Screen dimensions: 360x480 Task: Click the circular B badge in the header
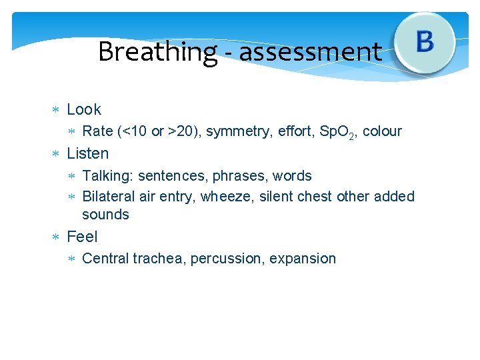click(x=425, y=43)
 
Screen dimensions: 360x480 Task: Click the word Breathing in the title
click(x=157, y=52)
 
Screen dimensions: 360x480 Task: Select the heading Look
click(x=84, y=109)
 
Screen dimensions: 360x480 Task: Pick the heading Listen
click(x=87, y=153)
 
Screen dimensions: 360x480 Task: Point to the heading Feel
click(x=82, y=237)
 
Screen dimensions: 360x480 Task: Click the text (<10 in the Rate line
click(x=132, y=131)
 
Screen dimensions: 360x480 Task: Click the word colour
click(x=382, y=131)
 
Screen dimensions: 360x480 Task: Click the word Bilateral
click(x=109, y=197)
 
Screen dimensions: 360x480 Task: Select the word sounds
click(x=105, y=215)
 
